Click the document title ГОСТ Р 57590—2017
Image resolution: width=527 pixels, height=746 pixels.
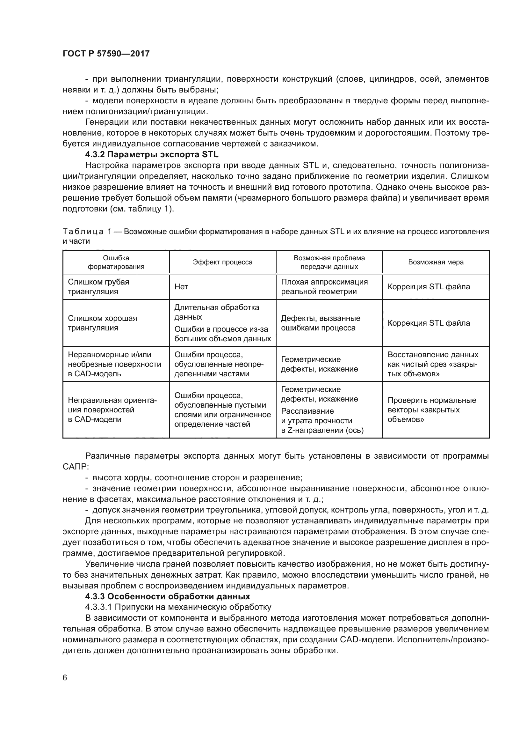point(106,54)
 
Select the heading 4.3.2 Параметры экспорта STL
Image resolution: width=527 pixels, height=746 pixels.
point(152,154)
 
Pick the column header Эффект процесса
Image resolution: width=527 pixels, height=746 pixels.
point(223,262)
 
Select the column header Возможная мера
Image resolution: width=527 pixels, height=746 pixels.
point(436,262)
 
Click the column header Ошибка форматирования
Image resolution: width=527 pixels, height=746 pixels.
point(116,262)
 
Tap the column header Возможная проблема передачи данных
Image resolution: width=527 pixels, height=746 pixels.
point(329,262)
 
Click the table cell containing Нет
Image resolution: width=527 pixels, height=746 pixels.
point(181,287)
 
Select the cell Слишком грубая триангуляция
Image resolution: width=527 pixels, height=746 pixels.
point(98,287)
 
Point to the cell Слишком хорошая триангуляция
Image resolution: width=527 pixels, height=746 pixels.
point(102,323)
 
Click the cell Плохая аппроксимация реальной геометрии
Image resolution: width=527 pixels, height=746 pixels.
point(324,287)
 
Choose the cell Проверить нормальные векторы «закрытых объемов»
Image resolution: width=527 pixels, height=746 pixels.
point(432,410)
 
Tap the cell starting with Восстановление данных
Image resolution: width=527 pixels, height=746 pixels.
point(433,364)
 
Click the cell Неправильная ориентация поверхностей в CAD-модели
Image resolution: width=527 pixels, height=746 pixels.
point(112,410)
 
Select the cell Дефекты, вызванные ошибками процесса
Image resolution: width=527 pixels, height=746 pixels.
point(321,323)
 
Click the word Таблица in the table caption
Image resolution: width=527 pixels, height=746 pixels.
point(83,232)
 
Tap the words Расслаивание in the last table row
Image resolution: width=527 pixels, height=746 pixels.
point(307,411)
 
